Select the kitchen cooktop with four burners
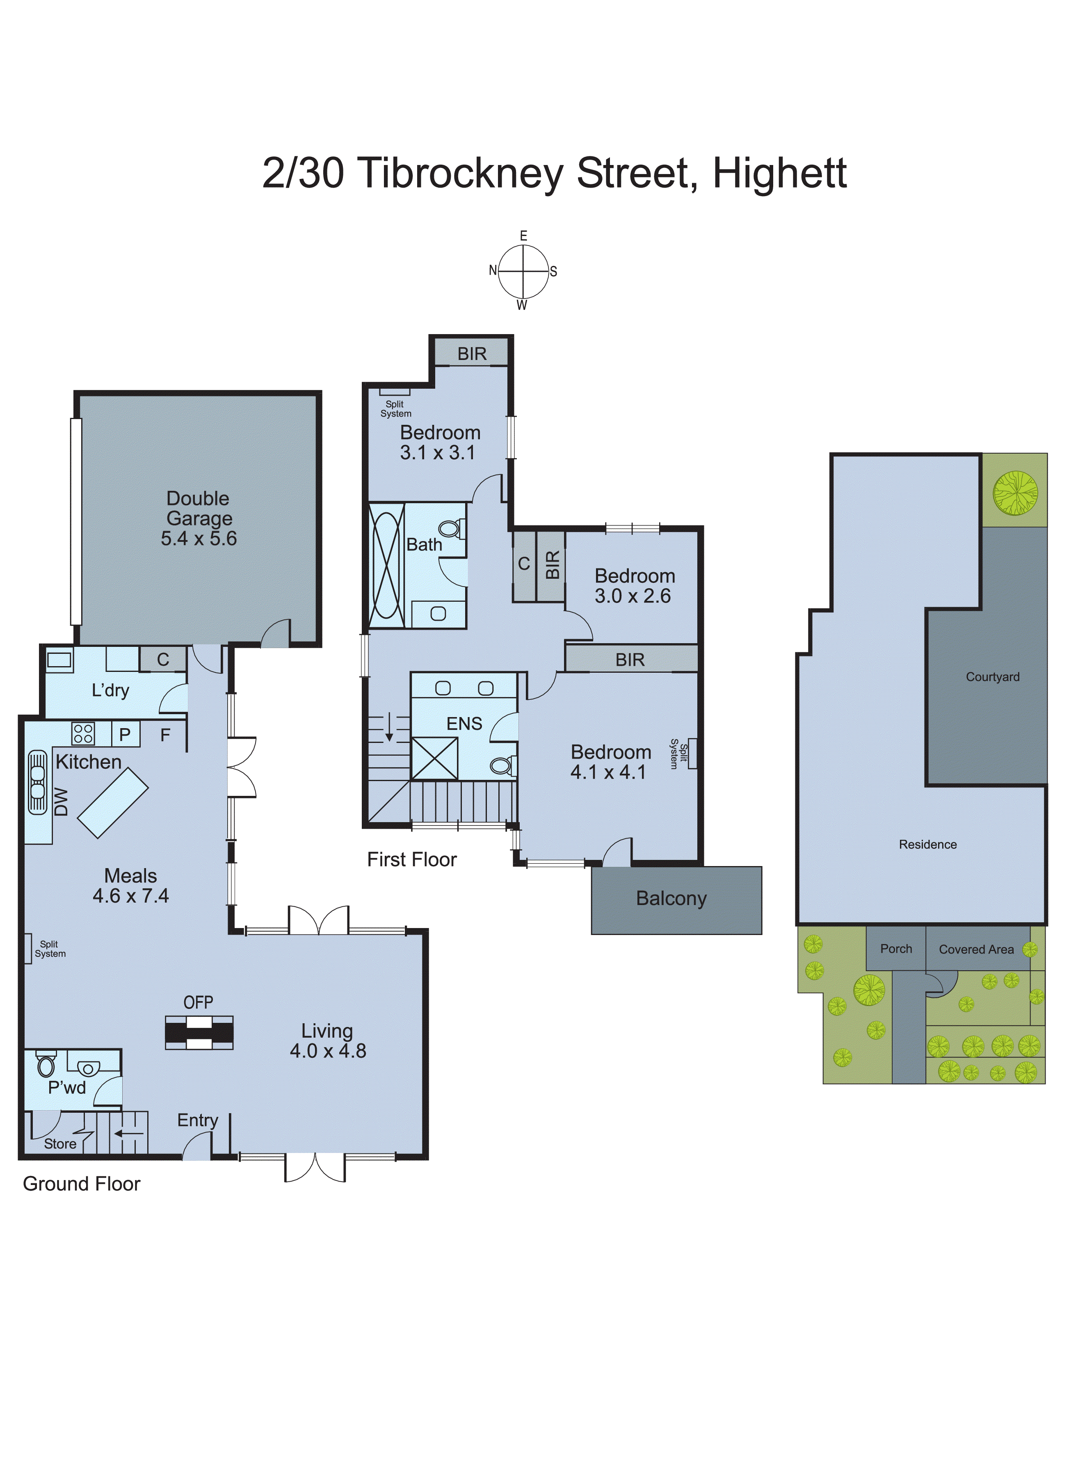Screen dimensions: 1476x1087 [83, 733]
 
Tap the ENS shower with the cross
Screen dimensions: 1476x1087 [434, 759]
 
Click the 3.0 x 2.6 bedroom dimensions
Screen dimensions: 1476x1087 [633, 596]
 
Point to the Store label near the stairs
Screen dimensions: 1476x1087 [60, 1144]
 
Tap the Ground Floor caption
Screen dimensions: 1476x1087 [82, 1184]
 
